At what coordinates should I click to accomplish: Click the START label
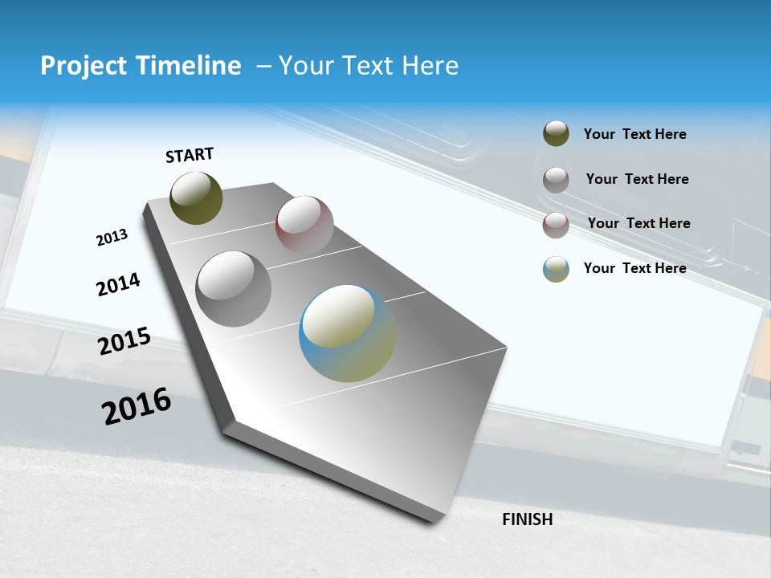(x=190, y=155)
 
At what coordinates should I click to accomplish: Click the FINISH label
(x=527, y=519)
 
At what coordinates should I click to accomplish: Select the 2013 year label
(x=112, y=238)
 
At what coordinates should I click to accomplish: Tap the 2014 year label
(x=118, y=284)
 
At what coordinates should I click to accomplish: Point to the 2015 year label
(x=124, y=341)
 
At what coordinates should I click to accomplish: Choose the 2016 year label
(x=137, y=406)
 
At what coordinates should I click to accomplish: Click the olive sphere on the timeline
(x=196, y=198)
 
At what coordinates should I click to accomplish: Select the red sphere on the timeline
(x=304, y=225)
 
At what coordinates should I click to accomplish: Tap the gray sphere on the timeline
(x=234, y=289)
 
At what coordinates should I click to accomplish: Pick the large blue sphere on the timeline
(x=348, y=333)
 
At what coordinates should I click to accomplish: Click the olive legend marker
(x=556, y=134)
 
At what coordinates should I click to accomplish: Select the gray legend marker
(x=556, y=179)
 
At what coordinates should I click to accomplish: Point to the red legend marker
(x=556, y=224)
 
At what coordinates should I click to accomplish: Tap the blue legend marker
(x=556, y=268)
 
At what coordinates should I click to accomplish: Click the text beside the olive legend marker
(x=634, y=134)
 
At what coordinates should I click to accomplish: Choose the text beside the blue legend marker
(x=634, y=268)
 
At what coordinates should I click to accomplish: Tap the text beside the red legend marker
(x=638, y=223)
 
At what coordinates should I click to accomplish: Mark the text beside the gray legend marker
(x=637, y=179)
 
